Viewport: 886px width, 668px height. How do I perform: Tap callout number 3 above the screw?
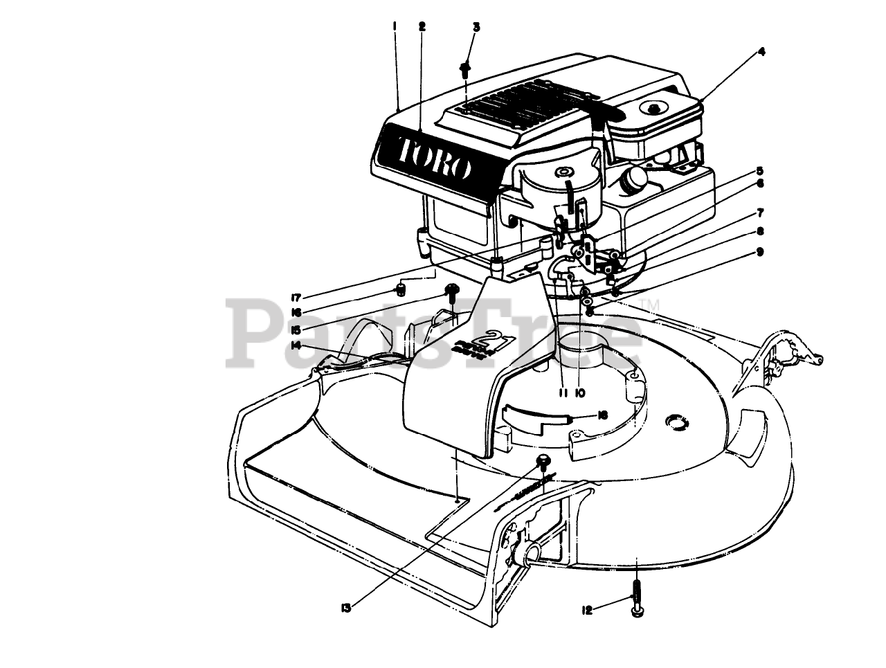pyautogui.click(x=476, y=26)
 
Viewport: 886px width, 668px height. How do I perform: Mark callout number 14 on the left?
pyautogui.click(x=296, y=344)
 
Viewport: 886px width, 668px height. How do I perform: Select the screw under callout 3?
pyautogui.click(x=465, y=70)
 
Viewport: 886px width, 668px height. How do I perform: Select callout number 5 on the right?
pyautogui.click(x=759, y=170)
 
